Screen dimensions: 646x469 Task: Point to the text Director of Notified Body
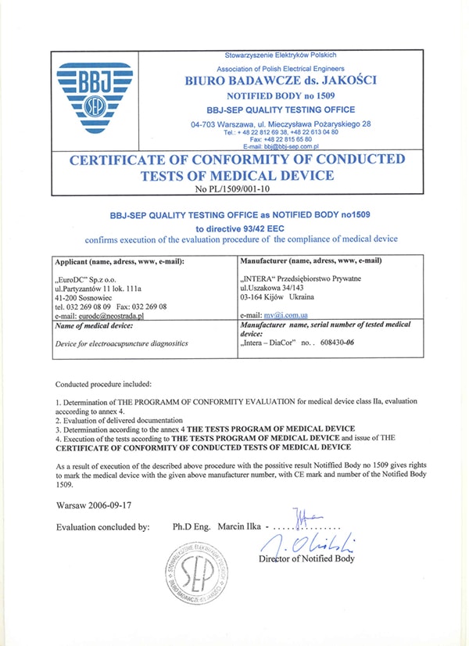click(307, 558)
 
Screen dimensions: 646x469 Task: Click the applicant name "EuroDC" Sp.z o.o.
click(91, 279)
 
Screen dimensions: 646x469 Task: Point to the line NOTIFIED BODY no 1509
click(280, 95)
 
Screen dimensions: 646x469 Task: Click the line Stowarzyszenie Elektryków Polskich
click(280, 55)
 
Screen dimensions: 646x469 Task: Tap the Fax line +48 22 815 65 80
click(280, 139)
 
